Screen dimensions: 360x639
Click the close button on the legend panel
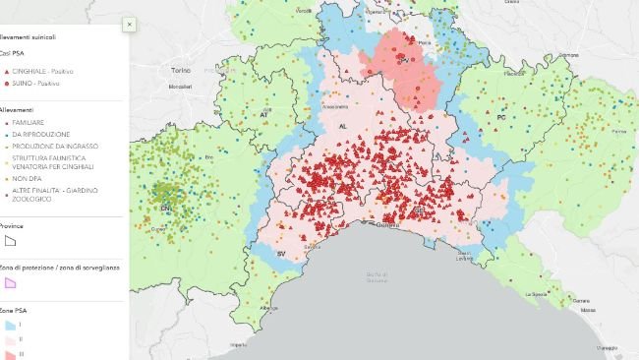(x=129, y=25)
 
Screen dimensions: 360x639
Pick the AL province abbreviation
(x=343, y=128)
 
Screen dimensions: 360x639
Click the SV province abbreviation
(x=281, y=255)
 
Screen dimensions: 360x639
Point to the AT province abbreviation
(x=263, y=115)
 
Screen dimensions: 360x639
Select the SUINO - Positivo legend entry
(x=39, y=86)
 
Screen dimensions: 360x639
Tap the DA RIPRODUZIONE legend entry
(x=40, y=134)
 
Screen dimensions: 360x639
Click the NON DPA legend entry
(x=27, y=180)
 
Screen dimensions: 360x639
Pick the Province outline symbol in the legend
(x=11, y=240)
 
